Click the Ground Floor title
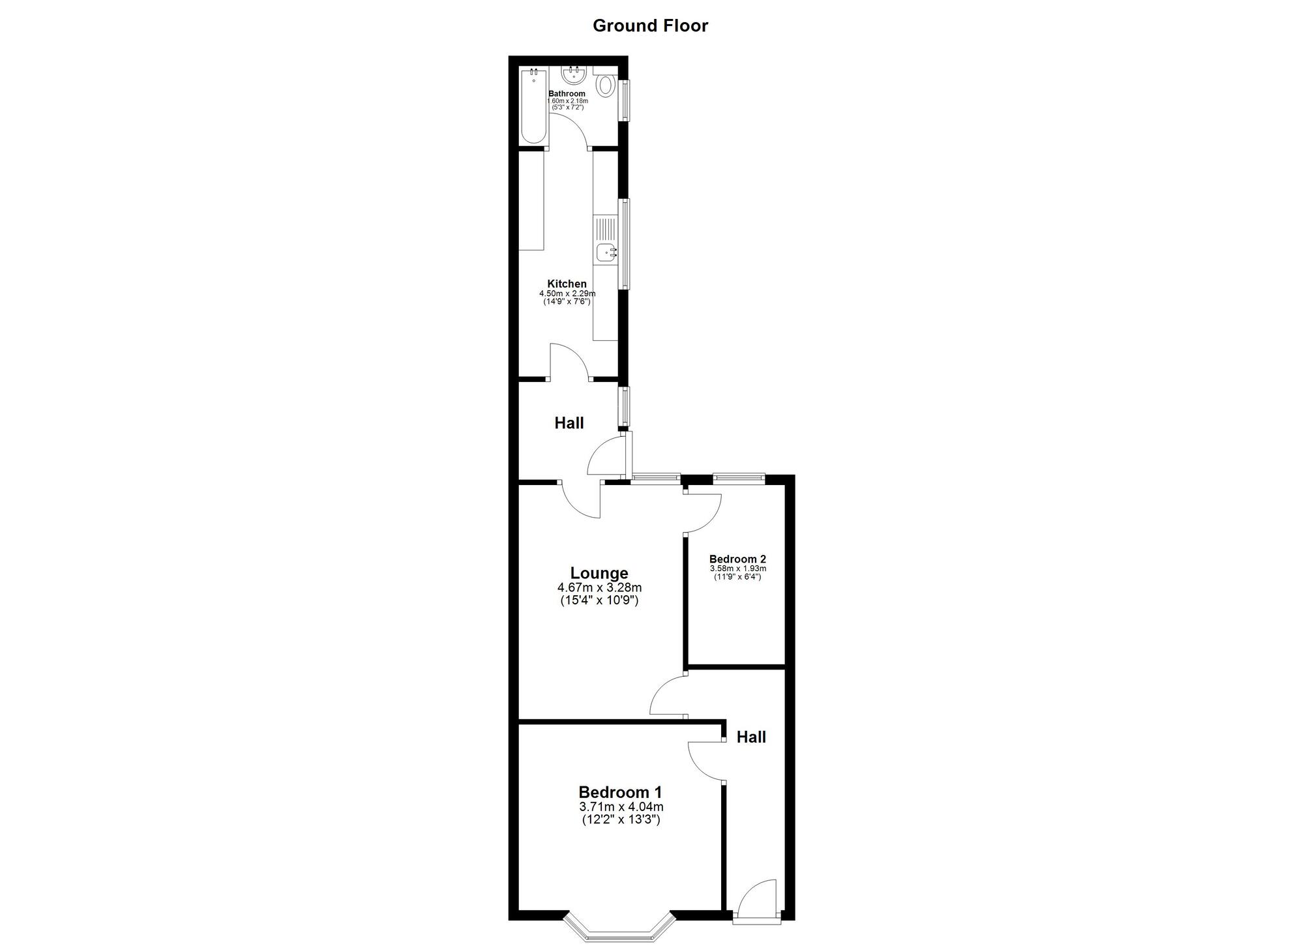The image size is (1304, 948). pos(650,26)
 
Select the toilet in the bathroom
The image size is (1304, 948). pos(606,85)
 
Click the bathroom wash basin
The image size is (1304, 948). pos(574,76)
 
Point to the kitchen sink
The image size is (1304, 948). pos(606,251)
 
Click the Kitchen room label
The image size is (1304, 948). pos(567,284)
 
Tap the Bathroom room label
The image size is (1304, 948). pos(567,94)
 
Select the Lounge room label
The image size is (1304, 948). pos(599,573)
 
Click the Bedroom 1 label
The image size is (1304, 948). pos(620,792)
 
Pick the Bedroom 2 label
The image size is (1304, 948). pos(737,559)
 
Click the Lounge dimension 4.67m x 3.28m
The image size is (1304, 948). pos(599,587)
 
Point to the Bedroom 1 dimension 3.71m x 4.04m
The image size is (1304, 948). pos(620,807)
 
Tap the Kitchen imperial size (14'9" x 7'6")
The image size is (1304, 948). pos(567,302)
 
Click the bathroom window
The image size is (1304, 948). pos(624,100)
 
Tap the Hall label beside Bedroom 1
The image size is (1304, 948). pos(751,737)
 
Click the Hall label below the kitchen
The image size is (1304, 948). pos(569,423)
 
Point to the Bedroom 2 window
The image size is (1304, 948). pos(739,478)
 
